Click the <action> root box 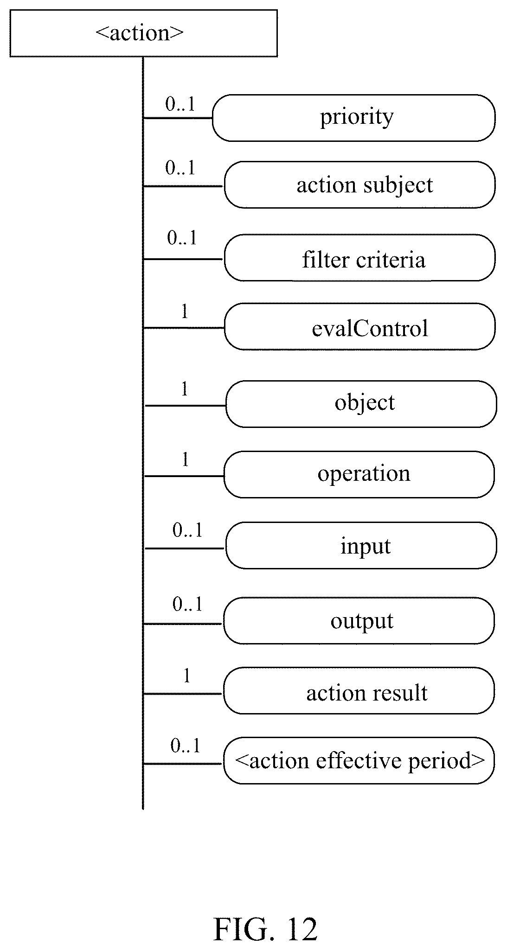point(144,33)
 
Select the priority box point(354,118)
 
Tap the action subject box point(359,185)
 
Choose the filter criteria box point(359,258)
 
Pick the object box point(361,404)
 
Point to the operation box point(359,475)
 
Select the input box point(361,545)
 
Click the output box point(359,621)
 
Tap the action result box point(359,691)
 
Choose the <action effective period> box point(359,761)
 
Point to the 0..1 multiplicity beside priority point(180,105)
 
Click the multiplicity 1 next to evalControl point(185,312)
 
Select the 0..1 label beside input point(188,530)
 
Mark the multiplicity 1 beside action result point(187,676)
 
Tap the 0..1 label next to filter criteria point(182,238)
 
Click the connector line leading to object point(185,406)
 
